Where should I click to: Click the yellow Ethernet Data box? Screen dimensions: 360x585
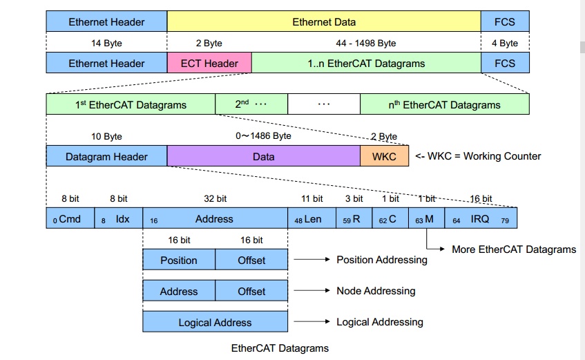[324, 22]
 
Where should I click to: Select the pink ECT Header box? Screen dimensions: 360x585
[209, 63]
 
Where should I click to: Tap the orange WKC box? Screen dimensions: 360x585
[384, 156]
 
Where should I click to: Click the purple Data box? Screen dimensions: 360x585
[263, 156]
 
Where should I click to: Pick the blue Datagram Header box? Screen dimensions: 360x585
[106, 156]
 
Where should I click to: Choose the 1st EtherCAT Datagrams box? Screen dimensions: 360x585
[131, 104]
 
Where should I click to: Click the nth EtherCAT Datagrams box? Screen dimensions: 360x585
[444, 104]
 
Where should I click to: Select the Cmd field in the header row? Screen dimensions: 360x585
[70, 218]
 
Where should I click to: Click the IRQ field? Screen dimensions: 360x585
[480, 218]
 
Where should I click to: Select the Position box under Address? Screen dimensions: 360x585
[179, 260]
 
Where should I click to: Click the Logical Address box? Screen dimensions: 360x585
[215, 322]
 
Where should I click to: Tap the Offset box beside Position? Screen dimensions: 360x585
[251, 260]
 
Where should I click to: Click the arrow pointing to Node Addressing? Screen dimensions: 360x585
[311, 291]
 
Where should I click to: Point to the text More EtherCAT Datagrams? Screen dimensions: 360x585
[513, 249]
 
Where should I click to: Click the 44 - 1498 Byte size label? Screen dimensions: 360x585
[367, 43]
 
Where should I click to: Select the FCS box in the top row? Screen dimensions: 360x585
[505, 22]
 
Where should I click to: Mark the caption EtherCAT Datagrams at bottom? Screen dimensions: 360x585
[280, 348]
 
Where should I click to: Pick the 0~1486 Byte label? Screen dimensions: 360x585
[263, 136]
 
